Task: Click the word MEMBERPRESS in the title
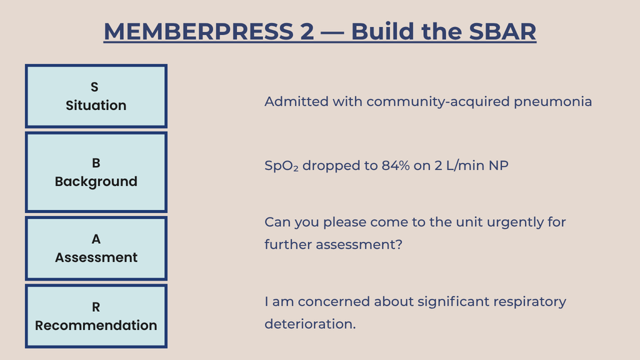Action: [199, 31]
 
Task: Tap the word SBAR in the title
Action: [502, 31]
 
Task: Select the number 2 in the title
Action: [307, 31]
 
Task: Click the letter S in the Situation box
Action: [94, 87]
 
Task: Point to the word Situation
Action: [96, 105]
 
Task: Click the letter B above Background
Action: [96, 163]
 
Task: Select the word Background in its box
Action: [96, 182]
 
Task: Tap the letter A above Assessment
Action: [96, 239]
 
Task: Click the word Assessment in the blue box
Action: [96, 257]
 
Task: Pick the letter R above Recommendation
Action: [96, 307]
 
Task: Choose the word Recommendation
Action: [96, 325]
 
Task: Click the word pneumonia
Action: [552, 102]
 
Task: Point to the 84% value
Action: [396, 165]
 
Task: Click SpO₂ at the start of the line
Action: [282, 166]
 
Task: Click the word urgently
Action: [515, 222]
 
